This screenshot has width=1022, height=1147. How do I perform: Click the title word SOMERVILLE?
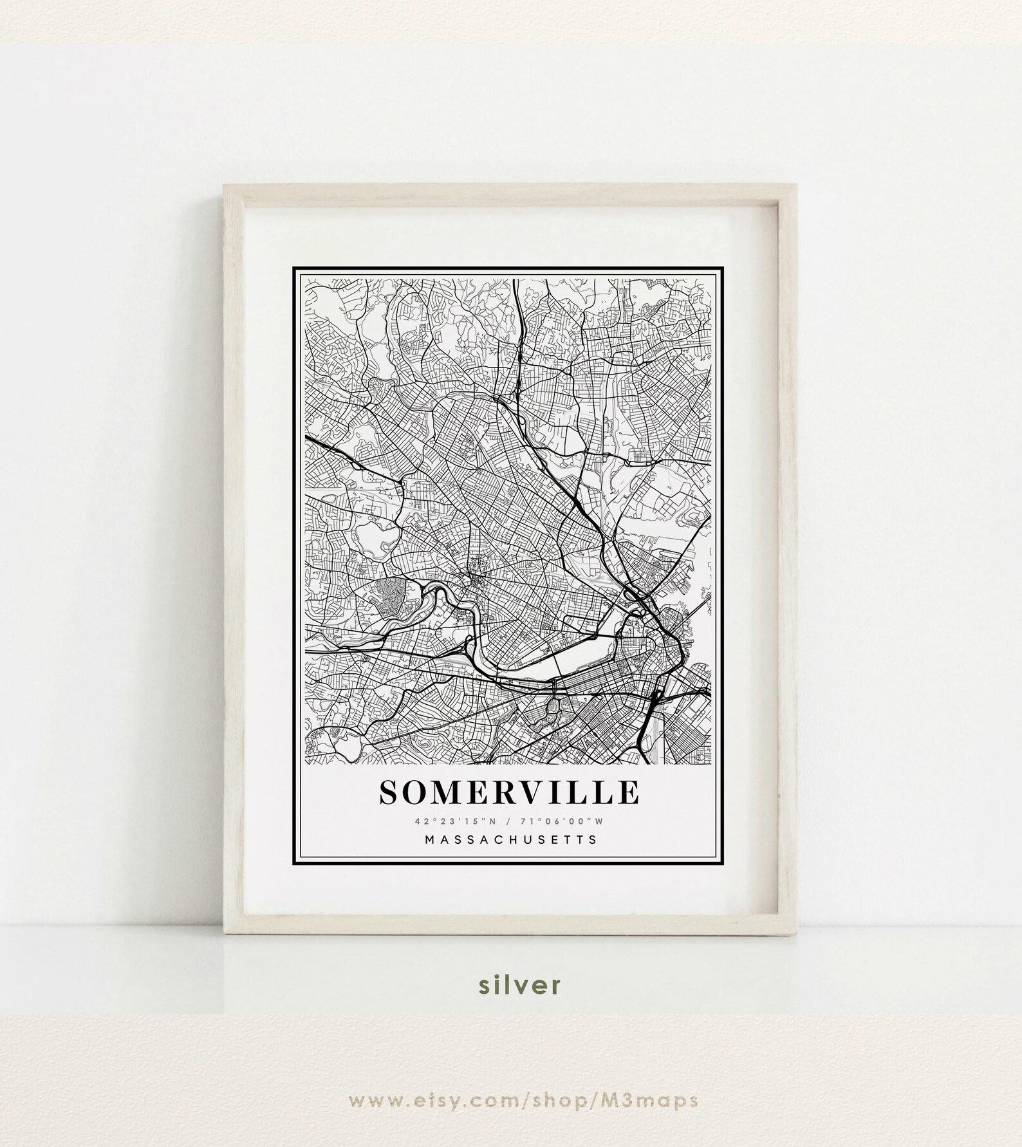point(510,792)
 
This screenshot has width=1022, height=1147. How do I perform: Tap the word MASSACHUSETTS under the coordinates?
point(510,839)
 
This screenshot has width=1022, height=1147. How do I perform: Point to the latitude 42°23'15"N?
point(451,821)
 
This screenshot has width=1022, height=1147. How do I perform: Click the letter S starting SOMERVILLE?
point(388,792)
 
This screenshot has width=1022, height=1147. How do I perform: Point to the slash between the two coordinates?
point(510,821)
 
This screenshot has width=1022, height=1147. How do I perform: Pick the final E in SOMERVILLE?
point(630,792)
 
